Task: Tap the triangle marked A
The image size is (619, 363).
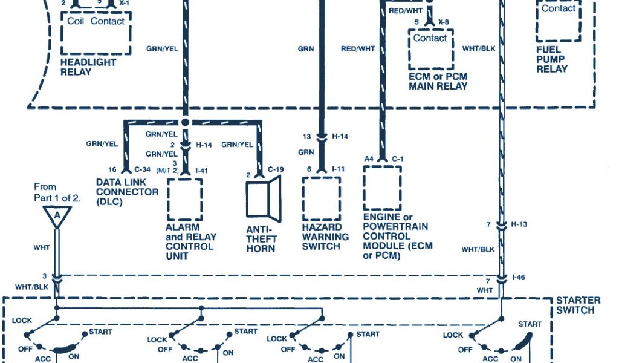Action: (x=57, y=216)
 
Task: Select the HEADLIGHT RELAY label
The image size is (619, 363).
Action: (x=88, y=67)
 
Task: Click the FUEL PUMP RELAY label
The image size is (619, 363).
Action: (x=552, y=59)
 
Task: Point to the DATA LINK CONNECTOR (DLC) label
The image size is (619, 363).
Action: (x=127, y=192)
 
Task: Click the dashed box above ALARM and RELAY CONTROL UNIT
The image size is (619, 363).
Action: (x=184, y=199)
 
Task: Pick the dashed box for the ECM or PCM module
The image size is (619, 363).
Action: (x=381, y=187)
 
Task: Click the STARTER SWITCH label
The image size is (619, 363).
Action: (x=578, y=305)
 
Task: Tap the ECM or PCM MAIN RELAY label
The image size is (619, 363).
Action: (x=438, y=81)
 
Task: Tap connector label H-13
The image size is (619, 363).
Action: (x=519, y=224)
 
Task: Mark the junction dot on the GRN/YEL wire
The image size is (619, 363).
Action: (x=186, y=122)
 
